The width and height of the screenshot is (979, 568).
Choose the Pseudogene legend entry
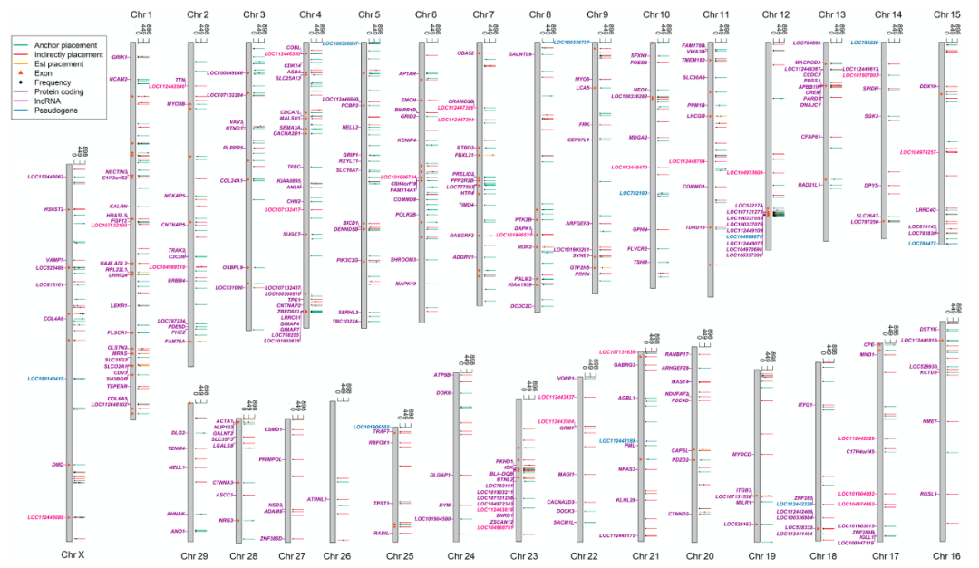click(x=53, y=111)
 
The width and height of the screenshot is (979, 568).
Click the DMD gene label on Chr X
click(x=58, y=465)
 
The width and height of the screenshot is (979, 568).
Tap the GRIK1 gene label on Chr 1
click(x=120, y=57)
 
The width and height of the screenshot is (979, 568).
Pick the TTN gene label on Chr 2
click(x=179, y=80)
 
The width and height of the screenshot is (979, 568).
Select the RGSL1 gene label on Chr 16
click(x=926, y=494)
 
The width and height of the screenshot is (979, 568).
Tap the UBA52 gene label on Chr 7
click(x=466, y=53)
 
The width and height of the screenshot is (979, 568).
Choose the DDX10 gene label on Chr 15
click(x=926, y=86)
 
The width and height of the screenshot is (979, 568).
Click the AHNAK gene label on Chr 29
click(x=175, y=514)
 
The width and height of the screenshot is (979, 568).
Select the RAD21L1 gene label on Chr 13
click(x=809, y=185)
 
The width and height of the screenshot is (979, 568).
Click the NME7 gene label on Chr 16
click(x=929, y=421)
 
